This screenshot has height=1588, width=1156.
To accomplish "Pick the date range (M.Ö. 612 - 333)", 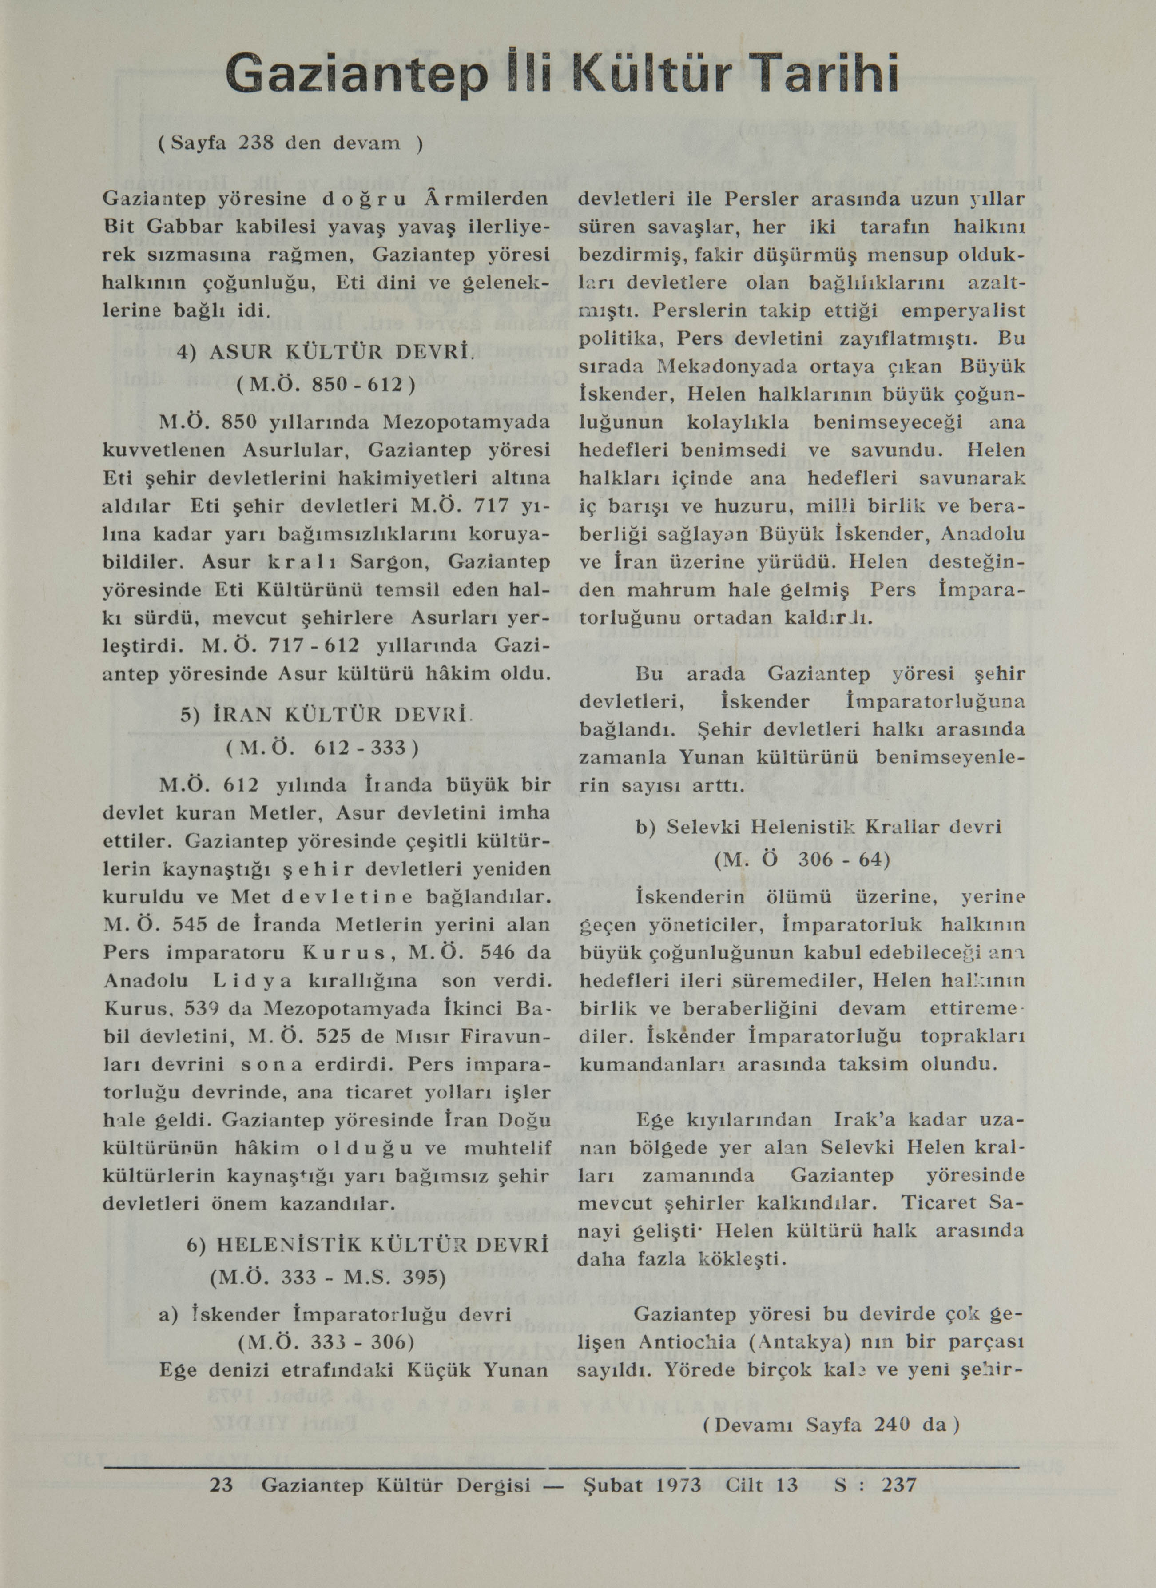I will tap(323, 748).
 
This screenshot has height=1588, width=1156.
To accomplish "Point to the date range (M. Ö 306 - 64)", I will tap(801, 859).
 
